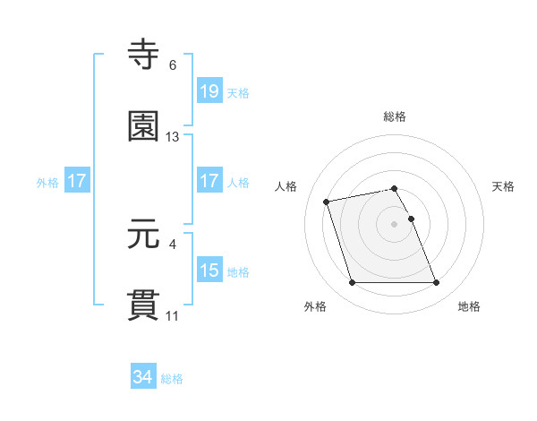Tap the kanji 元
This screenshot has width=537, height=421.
pos(145,236)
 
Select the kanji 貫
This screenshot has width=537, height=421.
pos(145,305)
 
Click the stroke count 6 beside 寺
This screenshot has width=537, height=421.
pos(173,65)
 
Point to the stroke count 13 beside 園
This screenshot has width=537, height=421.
pos(173,137)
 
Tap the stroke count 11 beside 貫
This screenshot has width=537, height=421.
pos(173,316)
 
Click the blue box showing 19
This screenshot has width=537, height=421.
pos(209,91)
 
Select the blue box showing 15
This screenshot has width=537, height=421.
pos(209,271)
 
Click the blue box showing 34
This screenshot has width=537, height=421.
pos(143,378)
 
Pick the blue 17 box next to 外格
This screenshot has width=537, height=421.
pos(77,181)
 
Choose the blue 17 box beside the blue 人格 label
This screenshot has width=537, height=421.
pos(209,181)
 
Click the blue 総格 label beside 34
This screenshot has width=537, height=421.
pos(172,379)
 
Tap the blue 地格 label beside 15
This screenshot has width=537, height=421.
pos(238,271)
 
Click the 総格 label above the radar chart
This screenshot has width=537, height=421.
pos(395,116)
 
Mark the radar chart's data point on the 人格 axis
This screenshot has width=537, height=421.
pos(327,201)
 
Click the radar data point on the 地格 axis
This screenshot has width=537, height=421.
pos(436,283)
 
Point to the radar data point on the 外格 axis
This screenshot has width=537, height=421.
pos(352,283)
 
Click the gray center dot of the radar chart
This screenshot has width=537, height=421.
pos(394,223)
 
